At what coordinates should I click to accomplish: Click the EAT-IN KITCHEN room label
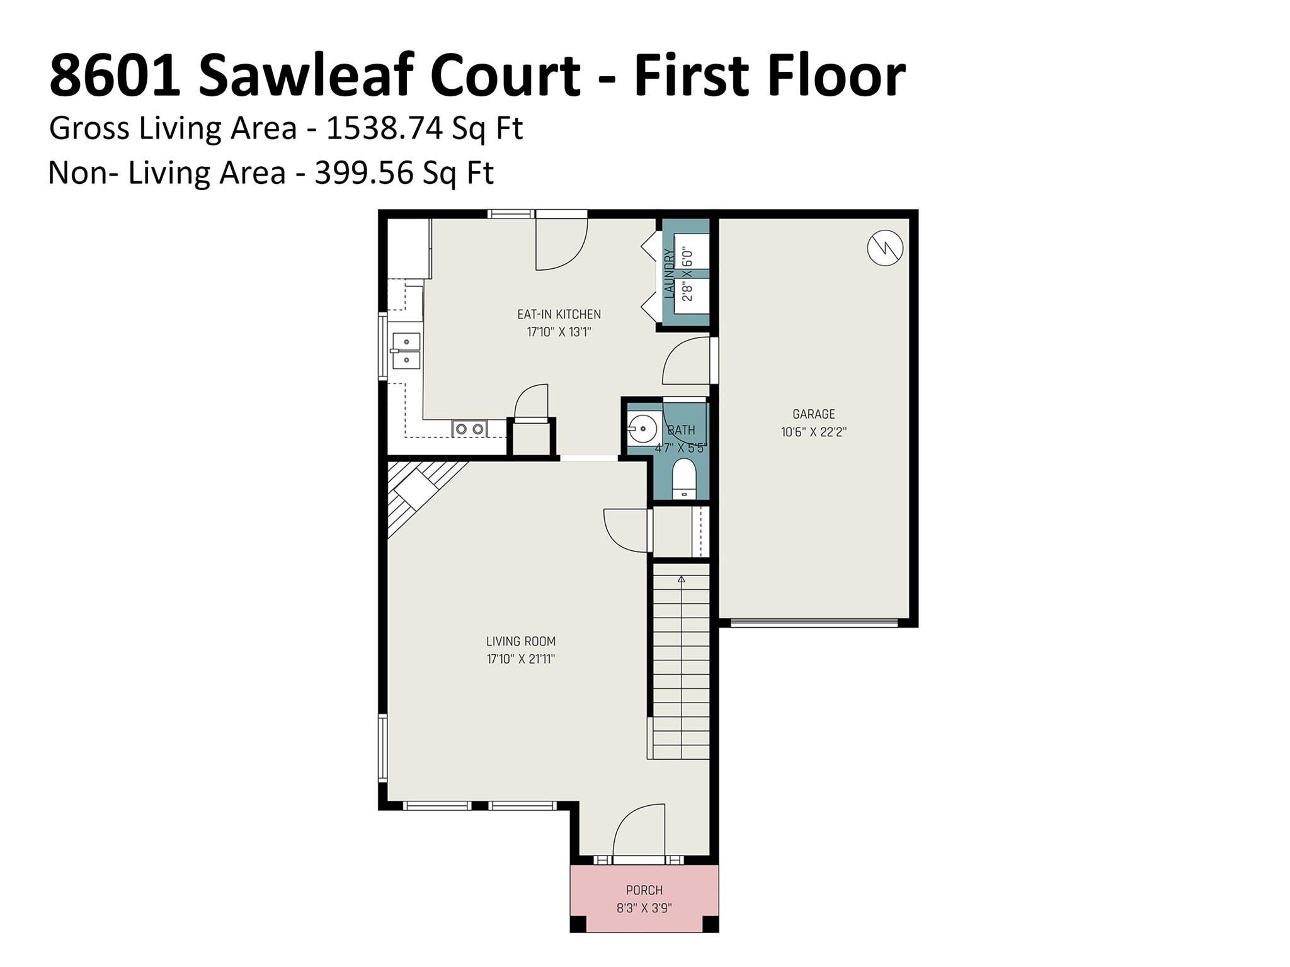click(559, 314)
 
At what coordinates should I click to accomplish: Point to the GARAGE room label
click(813, 414)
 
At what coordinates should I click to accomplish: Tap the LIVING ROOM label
click(520, 642)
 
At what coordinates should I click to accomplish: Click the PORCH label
click(644, 890)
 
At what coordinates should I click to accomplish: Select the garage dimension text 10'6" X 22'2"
click(813, 433)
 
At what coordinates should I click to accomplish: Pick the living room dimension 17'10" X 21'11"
click(520, 660)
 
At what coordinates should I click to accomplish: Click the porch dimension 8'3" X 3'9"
click(644, 908)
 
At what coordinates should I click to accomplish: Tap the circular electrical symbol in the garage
click(884, 248)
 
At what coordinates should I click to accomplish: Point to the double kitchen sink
click(406, 351)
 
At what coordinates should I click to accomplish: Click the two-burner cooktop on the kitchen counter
click(469, 429)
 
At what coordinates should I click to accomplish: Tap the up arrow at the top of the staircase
click(681, 578)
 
